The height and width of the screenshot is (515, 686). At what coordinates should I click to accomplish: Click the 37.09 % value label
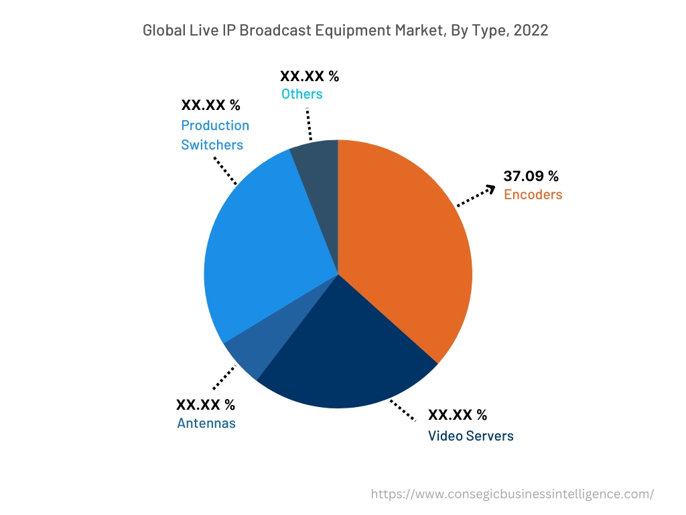point(531,176)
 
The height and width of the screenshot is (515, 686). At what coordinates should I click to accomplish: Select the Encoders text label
point(533,195)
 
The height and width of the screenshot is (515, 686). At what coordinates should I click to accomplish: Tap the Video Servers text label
point(470,436)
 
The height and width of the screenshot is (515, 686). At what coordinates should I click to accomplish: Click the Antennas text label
point(206,423)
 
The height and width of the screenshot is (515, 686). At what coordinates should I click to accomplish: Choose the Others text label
point(301,94)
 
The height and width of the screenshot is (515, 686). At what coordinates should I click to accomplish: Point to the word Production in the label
point(215,125)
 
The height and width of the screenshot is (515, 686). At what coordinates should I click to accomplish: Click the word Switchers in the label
point(212,144)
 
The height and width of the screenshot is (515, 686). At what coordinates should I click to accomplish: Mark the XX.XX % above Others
point(310,76)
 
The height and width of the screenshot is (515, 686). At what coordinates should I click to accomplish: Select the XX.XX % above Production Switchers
point(210,105)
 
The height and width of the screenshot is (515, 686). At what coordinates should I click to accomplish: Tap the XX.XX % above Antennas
point(206,404)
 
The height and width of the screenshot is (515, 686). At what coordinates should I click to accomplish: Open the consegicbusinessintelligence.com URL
point(512,494)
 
